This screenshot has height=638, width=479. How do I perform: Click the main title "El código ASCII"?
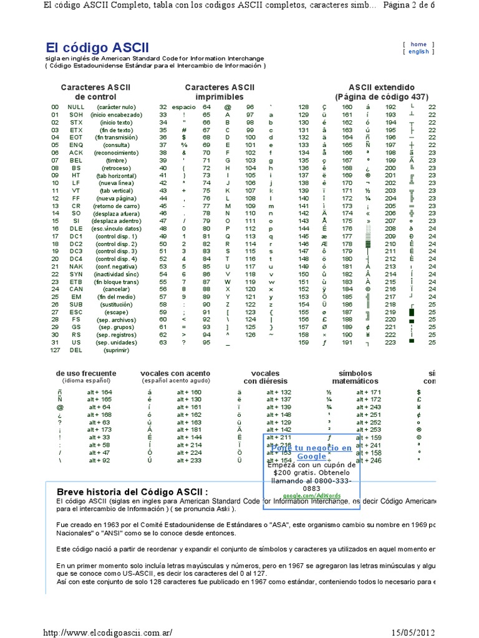[x=97, y=47]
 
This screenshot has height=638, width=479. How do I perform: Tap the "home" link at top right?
[x=419, y=44]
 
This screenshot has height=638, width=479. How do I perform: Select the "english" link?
[x=419, y=52]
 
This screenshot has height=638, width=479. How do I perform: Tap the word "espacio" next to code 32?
[x=183, y=107]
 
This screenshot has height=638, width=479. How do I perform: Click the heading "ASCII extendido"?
[x=381, y=87]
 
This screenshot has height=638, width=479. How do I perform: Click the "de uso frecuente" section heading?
[x=86, y=373]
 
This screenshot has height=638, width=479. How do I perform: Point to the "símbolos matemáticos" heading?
[x=355, y=377]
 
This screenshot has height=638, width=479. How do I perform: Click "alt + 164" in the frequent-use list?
[x=99, y=392]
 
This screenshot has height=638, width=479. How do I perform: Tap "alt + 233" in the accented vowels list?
[x=189, y=460]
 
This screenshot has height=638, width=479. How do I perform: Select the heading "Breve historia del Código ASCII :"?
[x=132, y=491]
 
